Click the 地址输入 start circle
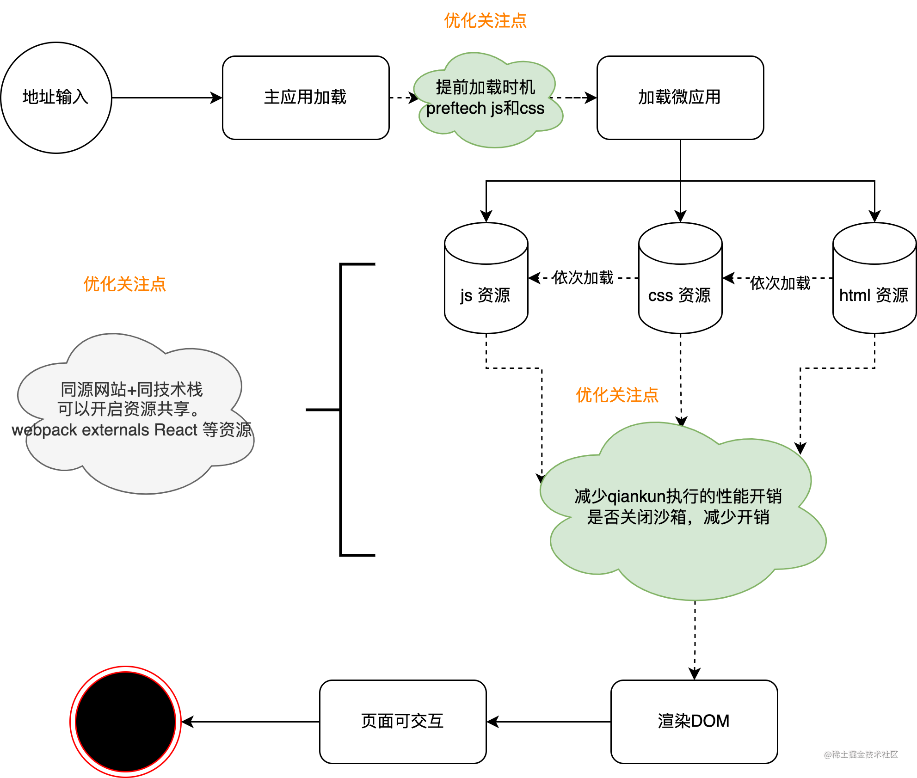pos(56,98)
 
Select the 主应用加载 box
pos(306,98)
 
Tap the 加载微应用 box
pos(680,98)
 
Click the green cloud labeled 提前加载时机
pos(488,100)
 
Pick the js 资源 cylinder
pos(486,278)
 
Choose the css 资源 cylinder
pos(680,278)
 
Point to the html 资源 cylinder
pos(874,278)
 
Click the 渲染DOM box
pos(694,722)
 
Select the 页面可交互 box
pos(403,722)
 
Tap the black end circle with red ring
pos(125,722)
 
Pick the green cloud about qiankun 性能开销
pos(683,511)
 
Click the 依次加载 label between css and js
pos(583,277)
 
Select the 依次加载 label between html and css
pos(780,283)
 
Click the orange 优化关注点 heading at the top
pos(486,21)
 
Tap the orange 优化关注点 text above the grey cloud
pos(125,284)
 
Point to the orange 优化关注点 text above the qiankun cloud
pos(617,395)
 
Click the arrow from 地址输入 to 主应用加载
pos(167,98)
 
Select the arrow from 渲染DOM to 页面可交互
pos(549,722)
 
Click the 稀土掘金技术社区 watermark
pos(861,754)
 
